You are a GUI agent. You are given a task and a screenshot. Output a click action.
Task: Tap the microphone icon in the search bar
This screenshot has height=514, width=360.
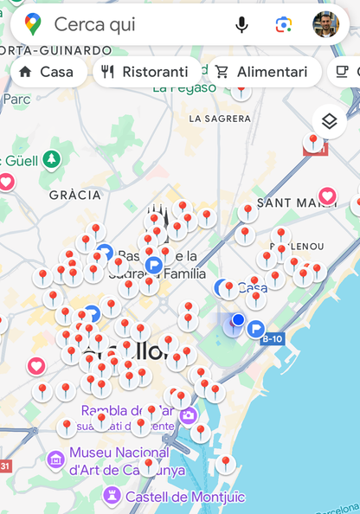coord(241,25)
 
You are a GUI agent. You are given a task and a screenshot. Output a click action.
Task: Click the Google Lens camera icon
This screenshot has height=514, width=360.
coord(284,25)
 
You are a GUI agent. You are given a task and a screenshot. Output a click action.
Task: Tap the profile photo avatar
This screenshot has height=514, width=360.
coord(326,25)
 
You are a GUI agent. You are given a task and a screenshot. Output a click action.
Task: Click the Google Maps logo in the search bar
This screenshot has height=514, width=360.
coord(33,25)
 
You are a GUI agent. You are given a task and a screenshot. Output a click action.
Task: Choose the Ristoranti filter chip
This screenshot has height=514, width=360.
coord(145,72)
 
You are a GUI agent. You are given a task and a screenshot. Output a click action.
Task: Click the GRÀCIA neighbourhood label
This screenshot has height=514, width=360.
coord(75,196)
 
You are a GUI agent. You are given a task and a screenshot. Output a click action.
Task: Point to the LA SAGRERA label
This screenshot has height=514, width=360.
coord(219,119)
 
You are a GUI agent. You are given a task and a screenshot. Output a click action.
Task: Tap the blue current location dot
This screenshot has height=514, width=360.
coord(238,320)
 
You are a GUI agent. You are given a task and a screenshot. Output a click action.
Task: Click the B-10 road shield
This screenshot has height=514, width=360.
coord(272,338)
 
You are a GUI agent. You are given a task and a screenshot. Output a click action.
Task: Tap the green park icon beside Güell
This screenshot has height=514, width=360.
coord(52,159)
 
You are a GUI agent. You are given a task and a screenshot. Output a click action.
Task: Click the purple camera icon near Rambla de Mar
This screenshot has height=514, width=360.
coord(189,416)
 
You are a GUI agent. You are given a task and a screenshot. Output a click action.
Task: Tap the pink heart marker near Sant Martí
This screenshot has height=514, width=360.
coord(327,196)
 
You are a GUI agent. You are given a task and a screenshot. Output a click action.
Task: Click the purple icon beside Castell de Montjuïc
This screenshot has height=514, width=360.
coord(111,496)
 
